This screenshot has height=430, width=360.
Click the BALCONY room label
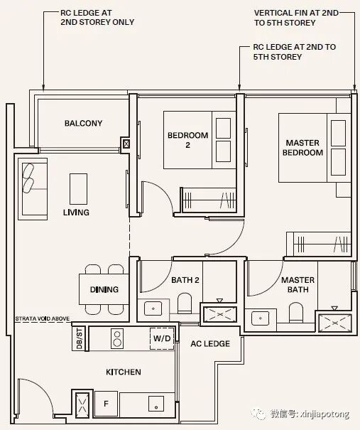click(83, 123)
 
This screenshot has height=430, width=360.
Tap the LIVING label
click(76, 213)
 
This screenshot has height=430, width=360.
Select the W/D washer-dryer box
click(162, 339)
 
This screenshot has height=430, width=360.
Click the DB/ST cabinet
click(79, 338)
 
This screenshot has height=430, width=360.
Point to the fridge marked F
click(106, 404)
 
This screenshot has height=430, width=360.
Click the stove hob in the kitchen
click(117, 338)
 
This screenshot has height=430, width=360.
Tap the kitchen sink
click(156, 404)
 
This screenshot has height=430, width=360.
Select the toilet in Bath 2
click(185, 303)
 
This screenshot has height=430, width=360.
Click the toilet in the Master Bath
click(296, 312)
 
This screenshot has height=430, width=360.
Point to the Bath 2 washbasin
click(153, 308)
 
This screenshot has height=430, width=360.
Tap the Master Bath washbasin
click(261, 318)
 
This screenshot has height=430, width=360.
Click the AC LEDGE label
click(210, 343)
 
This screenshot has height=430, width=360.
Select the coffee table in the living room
click(78, 189)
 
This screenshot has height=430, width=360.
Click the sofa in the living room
click(33, 189)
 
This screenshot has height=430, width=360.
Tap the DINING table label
click(104, 289)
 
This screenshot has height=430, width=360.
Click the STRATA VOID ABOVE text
click(43, 318)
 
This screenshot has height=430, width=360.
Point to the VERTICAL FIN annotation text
click(296, 18)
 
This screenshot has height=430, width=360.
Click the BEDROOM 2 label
click(188, 140)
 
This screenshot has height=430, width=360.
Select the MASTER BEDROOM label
click(302, 148)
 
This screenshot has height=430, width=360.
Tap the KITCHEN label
click(124, 372)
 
